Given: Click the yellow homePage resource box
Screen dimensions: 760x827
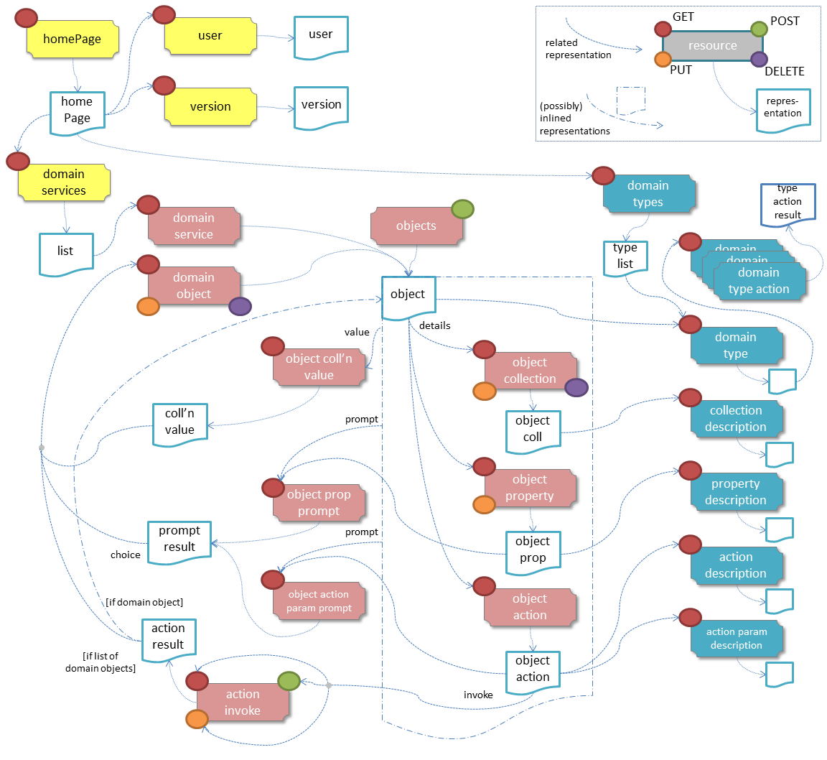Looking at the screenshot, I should click(x=73, y=40).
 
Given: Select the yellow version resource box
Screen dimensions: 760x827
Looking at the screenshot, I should click(x=210, y=107).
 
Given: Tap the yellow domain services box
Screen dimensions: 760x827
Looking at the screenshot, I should click(x=64, y=182).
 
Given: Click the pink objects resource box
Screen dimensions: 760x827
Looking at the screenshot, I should click(x=416, y=226).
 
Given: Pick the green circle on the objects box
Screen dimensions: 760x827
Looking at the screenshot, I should click(x=462, y=209).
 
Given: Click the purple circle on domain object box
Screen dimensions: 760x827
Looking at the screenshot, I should click(x=240, y=307).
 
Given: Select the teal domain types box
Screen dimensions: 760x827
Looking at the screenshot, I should click(x=648, y=194).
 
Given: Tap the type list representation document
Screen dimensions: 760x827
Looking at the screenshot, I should click(x=625, y=256).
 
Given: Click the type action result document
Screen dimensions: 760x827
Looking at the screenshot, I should click(x=788, y=202).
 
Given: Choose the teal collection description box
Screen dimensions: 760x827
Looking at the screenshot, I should click(x=736, y=419).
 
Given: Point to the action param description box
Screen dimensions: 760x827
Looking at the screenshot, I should click(x=736, y=639).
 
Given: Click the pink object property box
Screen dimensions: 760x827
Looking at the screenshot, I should click(x=530, y=488).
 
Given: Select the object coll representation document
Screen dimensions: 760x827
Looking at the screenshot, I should click(x=533, y=430).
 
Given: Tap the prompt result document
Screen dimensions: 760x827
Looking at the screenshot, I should click(x=179, y=539).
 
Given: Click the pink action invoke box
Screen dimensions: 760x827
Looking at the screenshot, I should click(x=243, y=703).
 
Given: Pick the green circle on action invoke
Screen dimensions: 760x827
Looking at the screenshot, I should click(x=288, y=680).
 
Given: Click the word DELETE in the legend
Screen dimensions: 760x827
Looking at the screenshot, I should click(x=784, y=71).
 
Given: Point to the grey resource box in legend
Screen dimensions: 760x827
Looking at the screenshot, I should click(x=712, y=46).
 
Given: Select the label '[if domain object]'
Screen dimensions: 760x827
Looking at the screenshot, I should click(x=144, y=602).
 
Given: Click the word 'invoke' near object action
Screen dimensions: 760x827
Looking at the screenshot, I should click(x=478, y=695).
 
